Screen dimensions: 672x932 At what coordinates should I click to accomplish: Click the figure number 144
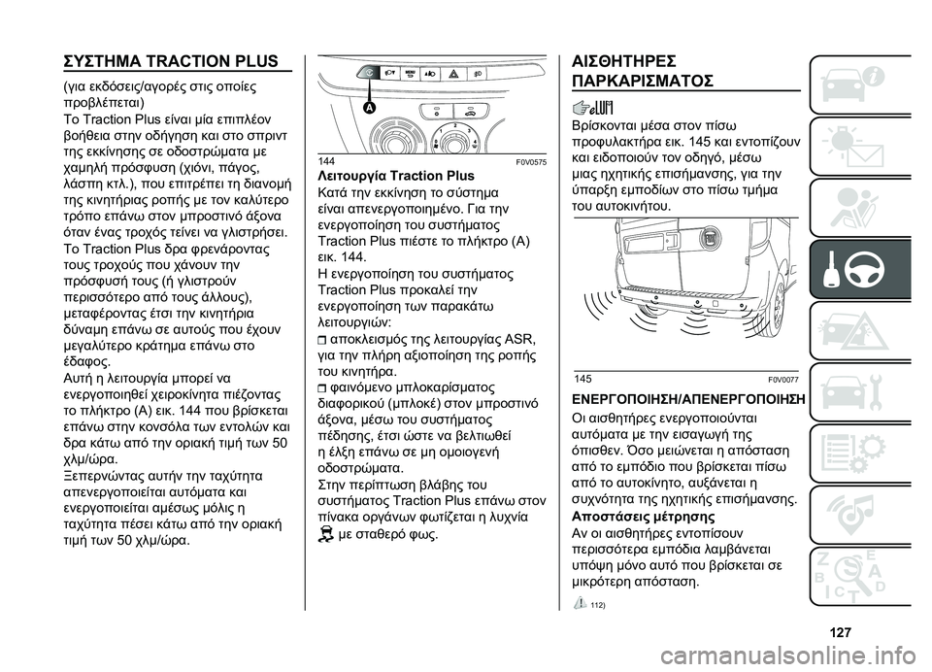[x=328, y=160]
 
